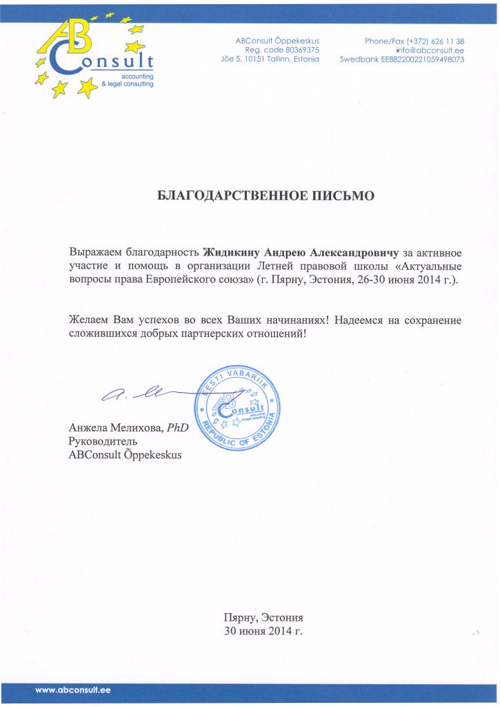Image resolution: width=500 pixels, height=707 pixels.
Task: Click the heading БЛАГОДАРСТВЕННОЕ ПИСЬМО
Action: tap(266, 196)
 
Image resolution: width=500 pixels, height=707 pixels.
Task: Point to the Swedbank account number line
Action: tap(402, 59)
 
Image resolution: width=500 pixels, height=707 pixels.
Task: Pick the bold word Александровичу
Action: tap(347, 249)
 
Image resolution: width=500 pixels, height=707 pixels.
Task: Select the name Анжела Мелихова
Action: tap(114, 428)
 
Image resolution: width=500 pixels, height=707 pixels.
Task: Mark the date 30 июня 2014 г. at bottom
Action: tap(263, 630)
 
